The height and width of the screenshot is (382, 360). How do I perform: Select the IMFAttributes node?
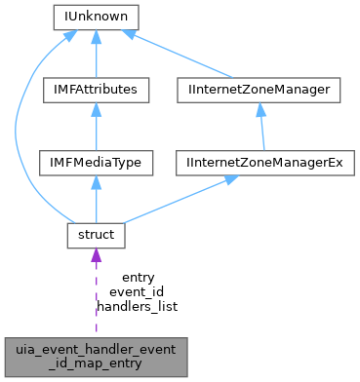point(96,90)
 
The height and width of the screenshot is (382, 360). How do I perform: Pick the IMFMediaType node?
point(96,162)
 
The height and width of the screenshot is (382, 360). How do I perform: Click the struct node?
point(96,235)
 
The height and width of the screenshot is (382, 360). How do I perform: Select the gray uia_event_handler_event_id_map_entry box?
point(96,356)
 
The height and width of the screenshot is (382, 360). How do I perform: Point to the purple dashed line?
point(96,297)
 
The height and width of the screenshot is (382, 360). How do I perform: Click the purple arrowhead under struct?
point(96,256)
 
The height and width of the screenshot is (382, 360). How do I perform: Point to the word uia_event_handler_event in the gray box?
point(96,349)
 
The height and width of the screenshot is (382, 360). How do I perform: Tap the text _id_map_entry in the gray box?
point(96,363)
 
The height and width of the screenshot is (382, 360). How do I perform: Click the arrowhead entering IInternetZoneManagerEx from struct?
point(221,179)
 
